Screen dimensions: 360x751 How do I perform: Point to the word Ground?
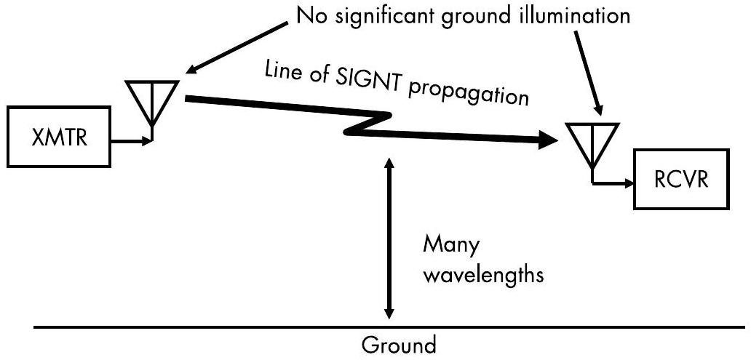click(x=399, y=344)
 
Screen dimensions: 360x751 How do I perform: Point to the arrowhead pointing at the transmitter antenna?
click(x=191, y=70)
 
